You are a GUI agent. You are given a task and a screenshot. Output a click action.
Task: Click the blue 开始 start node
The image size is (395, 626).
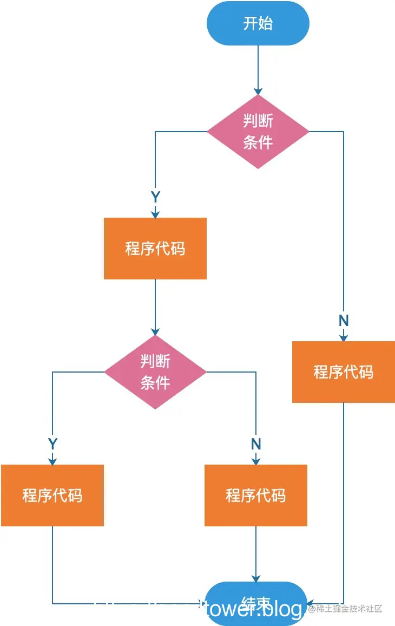pyautogui.click(x=258, y=23)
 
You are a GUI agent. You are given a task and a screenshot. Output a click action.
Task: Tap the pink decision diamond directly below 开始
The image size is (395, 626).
pyautogui.click(x=258, y=132)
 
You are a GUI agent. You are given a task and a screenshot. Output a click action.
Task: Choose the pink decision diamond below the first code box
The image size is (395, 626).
pyautogui.click(x=155, y=372)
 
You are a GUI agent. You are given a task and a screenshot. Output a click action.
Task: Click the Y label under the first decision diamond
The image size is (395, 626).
pyautogui.click(x=155, y=197)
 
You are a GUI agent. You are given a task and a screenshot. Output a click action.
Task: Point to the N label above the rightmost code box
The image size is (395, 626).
pyautogui.click(x=344, y=321)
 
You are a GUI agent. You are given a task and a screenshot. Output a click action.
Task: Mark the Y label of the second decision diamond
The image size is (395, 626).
pyautogui.click(x=52, y=444)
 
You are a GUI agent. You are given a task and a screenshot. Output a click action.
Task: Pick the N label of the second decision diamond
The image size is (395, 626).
pyautogui.click(x=256, y=444)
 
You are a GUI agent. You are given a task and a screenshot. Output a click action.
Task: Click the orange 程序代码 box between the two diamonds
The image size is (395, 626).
pyautogui.click(x=155, y=249)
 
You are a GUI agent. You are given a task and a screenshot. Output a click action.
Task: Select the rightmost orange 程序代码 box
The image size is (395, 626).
pyautogui.click(x=344, y=372)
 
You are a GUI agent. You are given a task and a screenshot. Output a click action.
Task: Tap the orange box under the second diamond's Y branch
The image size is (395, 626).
pyautogui.click(x=52, y=495)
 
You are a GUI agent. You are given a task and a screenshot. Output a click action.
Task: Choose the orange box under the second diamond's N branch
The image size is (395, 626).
pyautogui.click(x=256, y=495)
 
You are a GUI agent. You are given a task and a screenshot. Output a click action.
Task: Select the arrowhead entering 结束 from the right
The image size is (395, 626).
pyautogui.click(x=310, y=603)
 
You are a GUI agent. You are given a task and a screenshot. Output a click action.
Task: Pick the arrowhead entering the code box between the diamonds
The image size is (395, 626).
pyautogui.click(x=155, y=214)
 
